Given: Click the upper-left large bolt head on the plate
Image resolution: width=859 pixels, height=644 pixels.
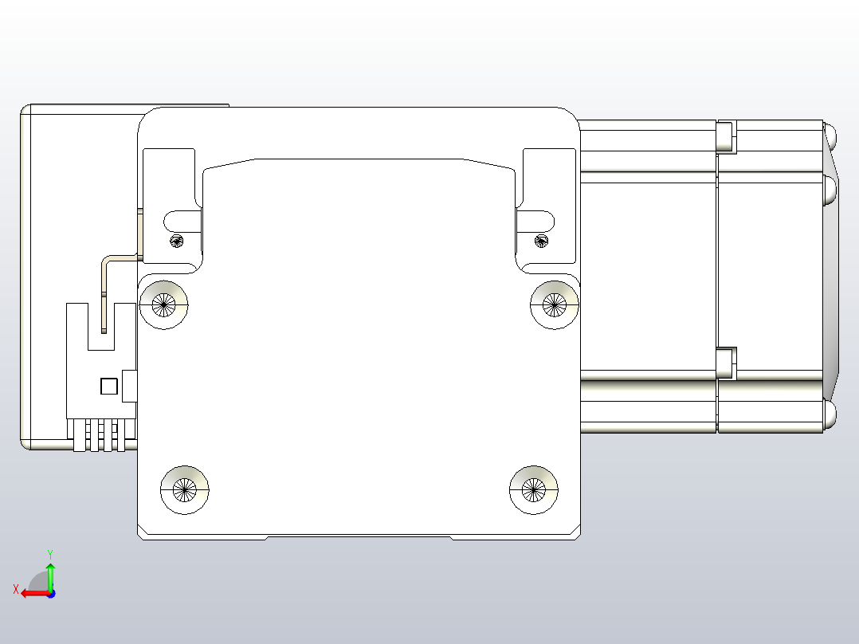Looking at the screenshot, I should click(x=164, y=304).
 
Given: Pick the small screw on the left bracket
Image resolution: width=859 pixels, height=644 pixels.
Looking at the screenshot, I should click(x=176, y=241).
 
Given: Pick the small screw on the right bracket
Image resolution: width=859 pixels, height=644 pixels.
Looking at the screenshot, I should click(x=542, y=241).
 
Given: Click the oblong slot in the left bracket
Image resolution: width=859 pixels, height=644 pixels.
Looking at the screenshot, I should click(x=182, y=218).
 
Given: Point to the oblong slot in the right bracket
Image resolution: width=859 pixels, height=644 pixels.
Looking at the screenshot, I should click(x=535, y=218).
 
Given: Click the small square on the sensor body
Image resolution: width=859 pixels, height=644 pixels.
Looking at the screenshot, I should click(x=109, y=387).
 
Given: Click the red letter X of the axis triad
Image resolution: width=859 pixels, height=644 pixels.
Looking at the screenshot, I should click(x=15, y=590).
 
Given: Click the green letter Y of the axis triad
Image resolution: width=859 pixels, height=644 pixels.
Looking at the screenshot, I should click(x=50, y=553).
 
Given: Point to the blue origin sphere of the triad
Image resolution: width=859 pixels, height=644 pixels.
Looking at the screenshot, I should click(x=50, y=593).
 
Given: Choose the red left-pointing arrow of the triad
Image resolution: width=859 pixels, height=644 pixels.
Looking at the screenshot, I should click(x=32, y=593).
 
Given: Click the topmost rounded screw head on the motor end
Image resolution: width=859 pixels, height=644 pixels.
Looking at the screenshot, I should click(x=830, y=134).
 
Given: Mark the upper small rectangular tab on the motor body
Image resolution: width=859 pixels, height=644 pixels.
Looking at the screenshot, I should click(x=726, y=136).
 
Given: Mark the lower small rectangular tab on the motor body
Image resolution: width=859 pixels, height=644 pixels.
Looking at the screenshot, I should click(x=726, y=363).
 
